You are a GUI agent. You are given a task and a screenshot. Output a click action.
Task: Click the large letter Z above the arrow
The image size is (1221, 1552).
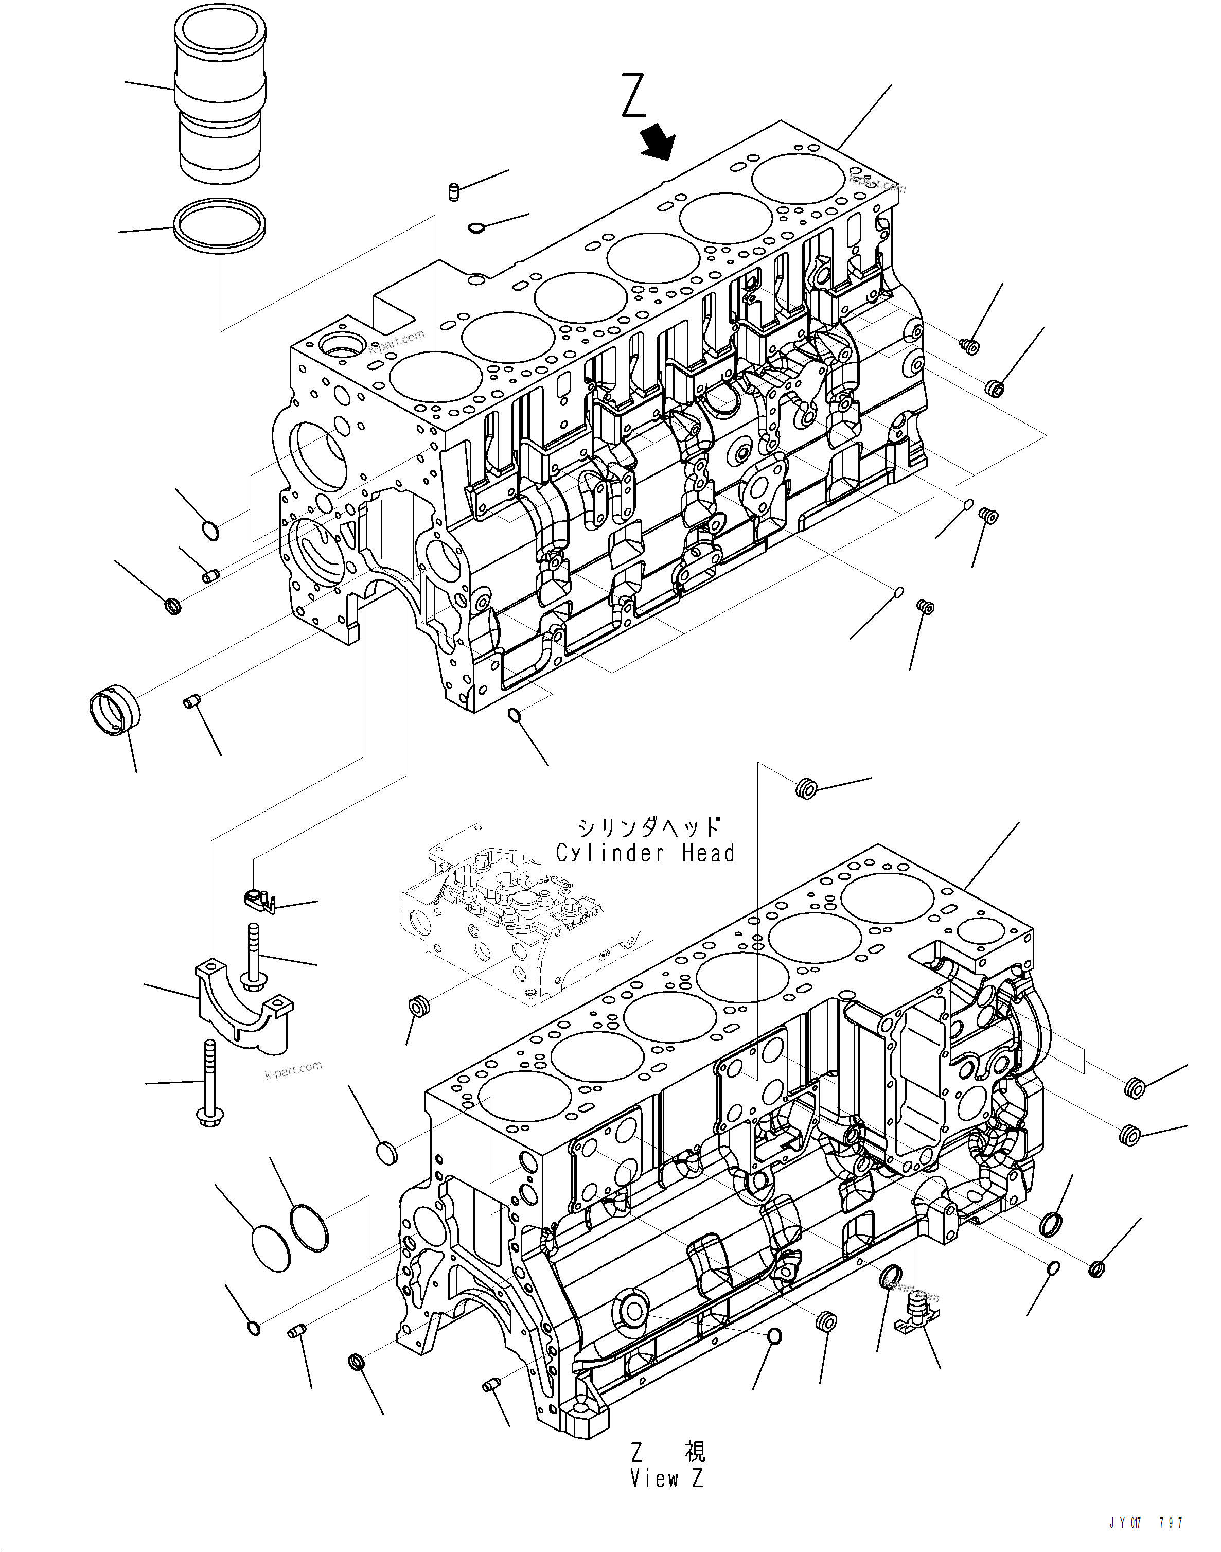[x=634, y=95]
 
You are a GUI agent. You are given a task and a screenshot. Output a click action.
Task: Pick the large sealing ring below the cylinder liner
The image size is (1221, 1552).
[x=221, y=226]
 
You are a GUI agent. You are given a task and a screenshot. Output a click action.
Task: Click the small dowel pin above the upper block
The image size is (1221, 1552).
[x=452, y=191]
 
